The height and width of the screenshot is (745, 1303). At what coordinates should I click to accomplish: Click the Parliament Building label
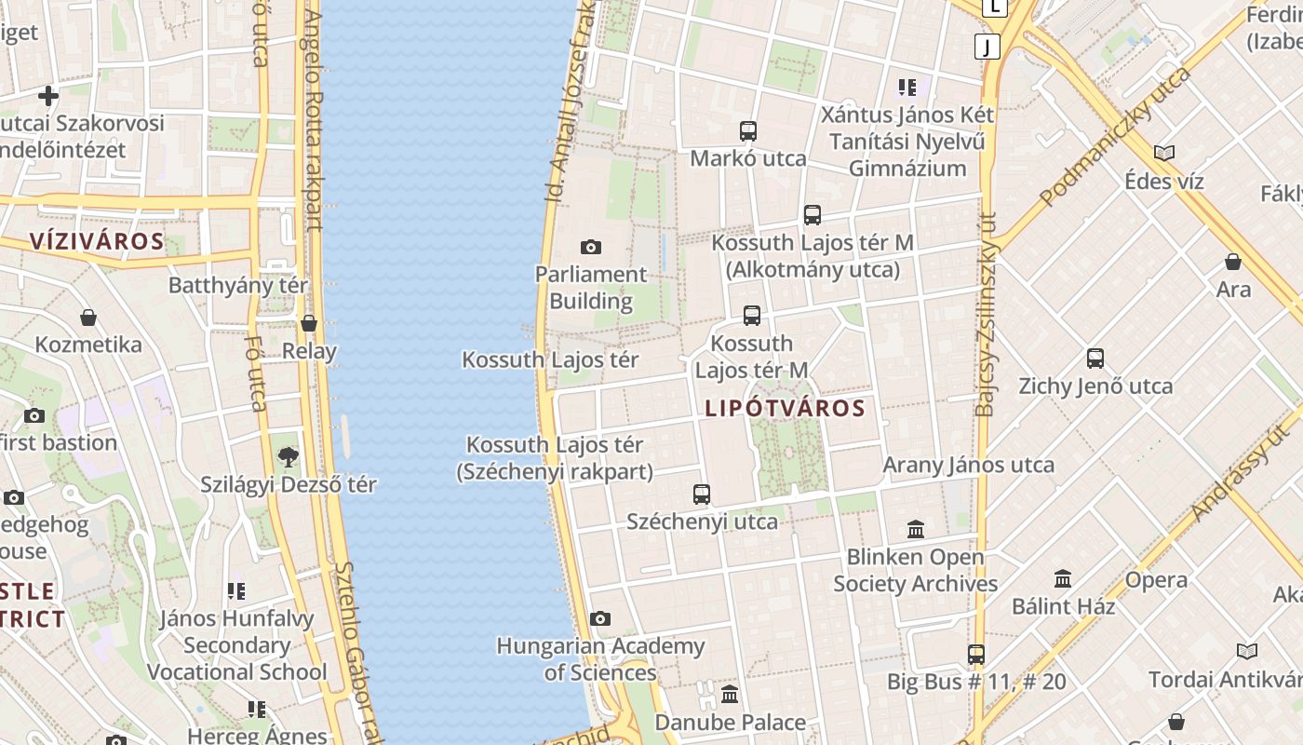590,288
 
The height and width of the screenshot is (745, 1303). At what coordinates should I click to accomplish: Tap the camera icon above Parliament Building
590,247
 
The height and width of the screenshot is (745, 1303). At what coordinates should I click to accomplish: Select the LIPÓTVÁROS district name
785,408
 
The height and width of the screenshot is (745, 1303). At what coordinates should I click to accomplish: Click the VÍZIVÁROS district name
97,242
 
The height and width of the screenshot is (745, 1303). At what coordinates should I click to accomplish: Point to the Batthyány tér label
237,285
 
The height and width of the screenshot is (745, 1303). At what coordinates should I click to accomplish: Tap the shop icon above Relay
309,323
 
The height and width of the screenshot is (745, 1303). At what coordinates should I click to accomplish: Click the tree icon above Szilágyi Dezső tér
289,456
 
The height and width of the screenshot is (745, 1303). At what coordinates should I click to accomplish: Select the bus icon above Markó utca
748,131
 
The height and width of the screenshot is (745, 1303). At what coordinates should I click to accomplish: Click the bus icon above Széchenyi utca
702,494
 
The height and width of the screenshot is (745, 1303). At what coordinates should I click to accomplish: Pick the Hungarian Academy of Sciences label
600,658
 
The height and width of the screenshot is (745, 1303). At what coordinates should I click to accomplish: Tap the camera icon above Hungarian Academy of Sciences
600,618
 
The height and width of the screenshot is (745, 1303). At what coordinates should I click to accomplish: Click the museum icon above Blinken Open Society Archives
916,529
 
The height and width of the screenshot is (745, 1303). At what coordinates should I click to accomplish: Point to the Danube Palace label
731,722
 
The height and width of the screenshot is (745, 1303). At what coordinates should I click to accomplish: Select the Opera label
1156,580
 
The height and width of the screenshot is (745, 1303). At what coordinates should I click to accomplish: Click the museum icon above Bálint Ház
1063,578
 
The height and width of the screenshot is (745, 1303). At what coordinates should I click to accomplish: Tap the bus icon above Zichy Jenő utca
1095,359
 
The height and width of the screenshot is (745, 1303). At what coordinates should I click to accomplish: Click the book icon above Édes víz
1163,153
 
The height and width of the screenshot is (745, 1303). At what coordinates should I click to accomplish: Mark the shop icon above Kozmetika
88,318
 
